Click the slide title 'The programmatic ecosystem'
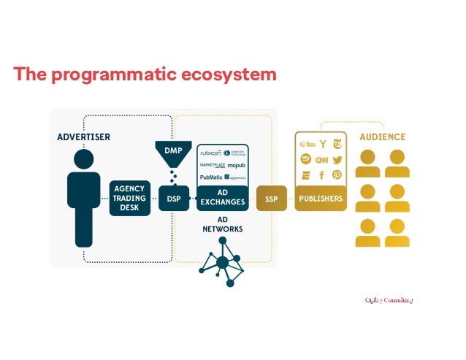(x=145, y=74)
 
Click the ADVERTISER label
(x=83, y=137)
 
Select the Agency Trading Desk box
(x=129, y=197)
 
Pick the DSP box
(x=173, y=198)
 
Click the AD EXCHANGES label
(x=222, y=198)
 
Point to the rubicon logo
(x=210, y=152)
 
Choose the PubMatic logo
(x=210, y=177)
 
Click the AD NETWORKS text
(x=222, y=223)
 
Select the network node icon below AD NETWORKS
(x=223, y=264)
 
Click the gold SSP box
(x=271, y=198)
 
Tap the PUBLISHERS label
(x=320, y=198)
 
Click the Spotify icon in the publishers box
(x=306, y=159)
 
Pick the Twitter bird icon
(x=337, y=159)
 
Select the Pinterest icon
(x=337, y=175)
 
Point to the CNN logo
(x=321, y=159)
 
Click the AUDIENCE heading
(x=382, y=137)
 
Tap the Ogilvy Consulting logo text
(x=389, y=299)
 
